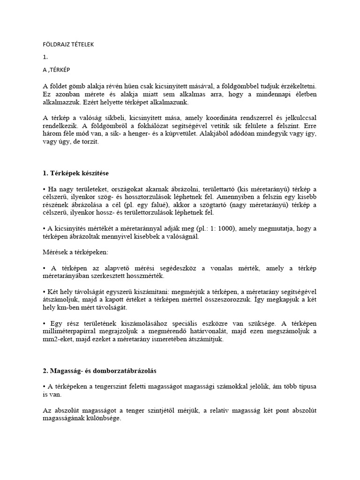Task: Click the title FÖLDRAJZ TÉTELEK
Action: [x=68, y=45]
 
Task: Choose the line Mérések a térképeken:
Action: [x=75, y=253]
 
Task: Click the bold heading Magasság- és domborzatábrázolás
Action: [x=100, y=371]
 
